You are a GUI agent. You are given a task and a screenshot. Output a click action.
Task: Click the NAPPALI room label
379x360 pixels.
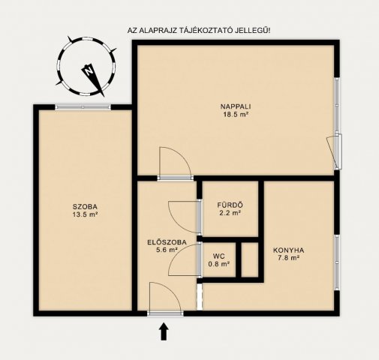pyautogui.click(x=236, y=106)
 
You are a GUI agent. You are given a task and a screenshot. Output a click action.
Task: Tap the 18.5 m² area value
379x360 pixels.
pyautogui.click(x=236, y=115)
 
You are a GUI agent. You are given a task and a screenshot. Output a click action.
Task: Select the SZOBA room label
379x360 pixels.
pyautogui.click(x=85, y=206)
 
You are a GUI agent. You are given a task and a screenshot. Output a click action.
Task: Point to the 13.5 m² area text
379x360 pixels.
pyautogui.click(x=85, y=214)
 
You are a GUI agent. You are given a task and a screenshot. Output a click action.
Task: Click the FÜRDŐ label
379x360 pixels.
pyautogui.click(x=229, y=205)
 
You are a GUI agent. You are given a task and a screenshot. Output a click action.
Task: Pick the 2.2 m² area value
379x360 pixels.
pyautogui.click(x=229, y=214)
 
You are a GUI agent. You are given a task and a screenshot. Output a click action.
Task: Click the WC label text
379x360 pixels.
pyautogui.click(x=218, y=256)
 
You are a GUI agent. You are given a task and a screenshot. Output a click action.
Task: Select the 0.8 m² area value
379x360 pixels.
pyautogui.click(x=218, y=264)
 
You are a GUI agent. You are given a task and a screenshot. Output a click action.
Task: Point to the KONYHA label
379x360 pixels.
pyautogui.click(x=288, y=250)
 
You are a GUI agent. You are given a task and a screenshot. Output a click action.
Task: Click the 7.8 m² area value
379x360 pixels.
pyautogui.click(x=288, y=259)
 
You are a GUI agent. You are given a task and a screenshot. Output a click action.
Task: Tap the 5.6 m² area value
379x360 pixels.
pyautogui.click(x=165, y=250)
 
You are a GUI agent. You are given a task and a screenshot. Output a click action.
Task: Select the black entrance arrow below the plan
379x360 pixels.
pyautogui.click(x=164, y=331)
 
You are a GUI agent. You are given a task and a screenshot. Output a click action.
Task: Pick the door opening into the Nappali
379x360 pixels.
pyautogui.click(x=170, y=163)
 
